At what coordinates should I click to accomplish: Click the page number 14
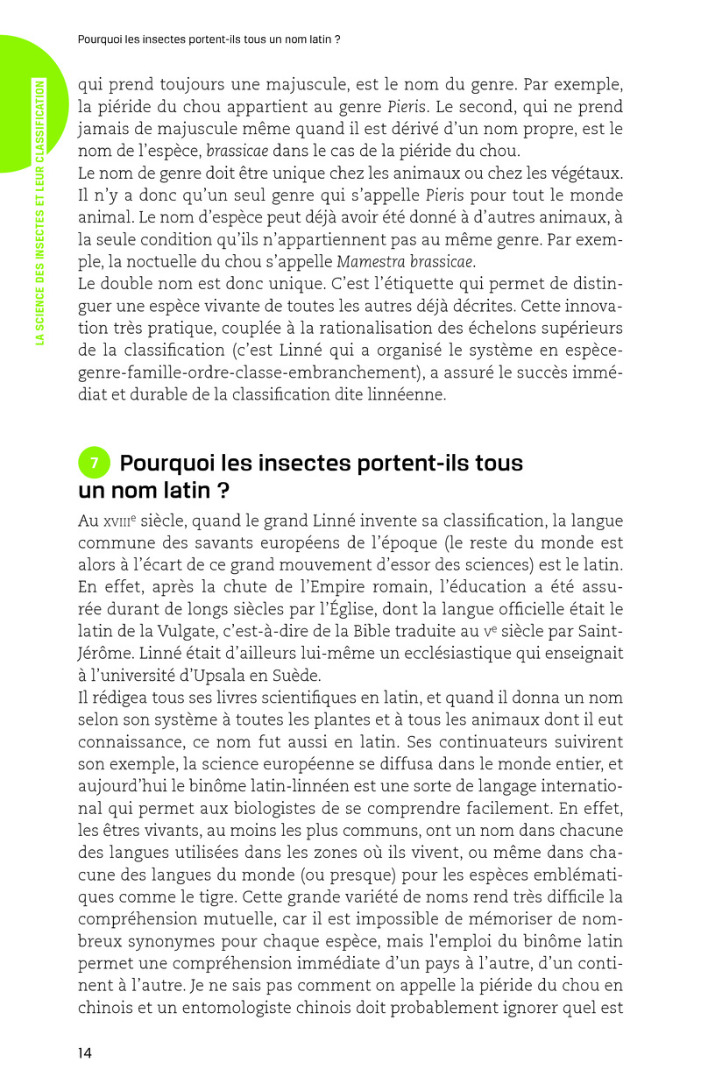85,1053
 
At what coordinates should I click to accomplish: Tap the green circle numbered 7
94,463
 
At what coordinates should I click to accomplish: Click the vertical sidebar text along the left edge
39,201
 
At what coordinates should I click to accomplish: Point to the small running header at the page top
209,39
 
